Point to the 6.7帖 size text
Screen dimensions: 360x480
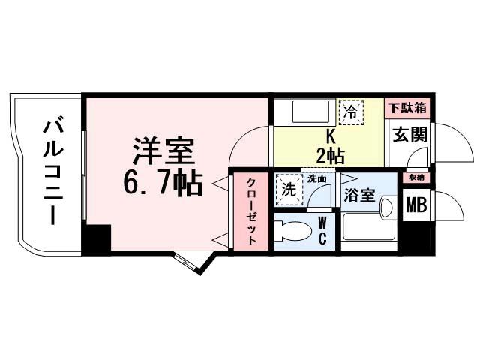pyautogui.click(x=164, y=182)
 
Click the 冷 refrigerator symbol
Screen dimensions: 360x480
pyautogui.click(x=350, y=112)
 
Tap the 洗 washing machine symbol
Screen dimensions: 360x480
pyautogui.click(x=289, y=190)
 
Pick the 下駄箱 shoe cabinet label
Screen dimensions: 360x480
pyautogui.click(x=407, y=108)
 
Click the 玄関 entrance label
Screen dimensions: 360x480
pyautogui.click(x=409, y=137)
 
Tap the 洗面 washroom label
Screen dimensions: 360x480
pyautogui.click(x=316, y=179)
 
